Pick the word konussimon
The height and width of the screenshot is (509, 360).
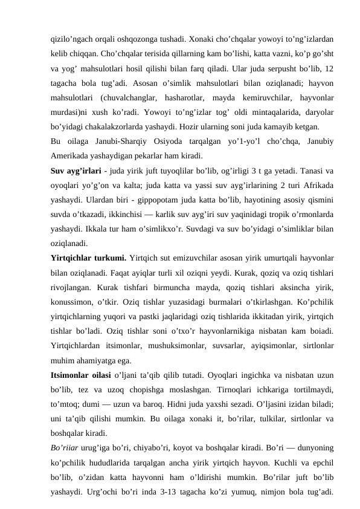(72, 306)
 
